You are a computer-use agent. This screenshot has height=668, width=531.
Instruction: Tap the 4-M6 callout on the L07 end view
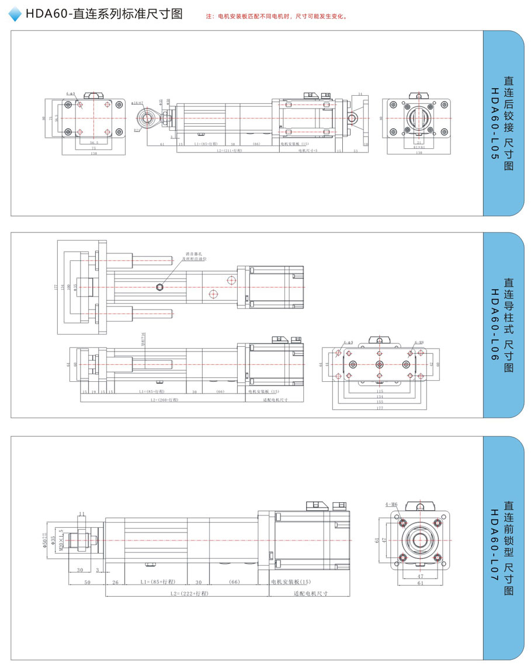coord(391,504)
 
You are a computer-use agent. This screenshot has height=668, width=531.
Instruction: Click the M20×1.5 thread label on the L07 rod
coord(53,540)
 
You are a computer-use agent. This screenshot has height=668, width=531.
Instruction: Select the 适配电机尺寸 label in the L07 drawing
coord(310,593)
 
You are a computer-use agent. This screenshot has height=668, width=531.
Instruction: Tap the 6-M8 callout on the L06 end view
coord(418,343)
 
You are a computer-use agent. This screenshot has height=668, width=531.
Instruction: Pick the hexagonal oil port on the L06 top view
coord(159,286)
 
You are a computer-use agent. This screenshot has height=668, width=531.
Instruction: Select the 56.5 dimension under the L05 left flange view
coord(93,142)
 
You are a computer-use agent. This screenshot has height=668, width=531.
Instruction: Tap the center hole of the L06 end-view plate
coord(380,363)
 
